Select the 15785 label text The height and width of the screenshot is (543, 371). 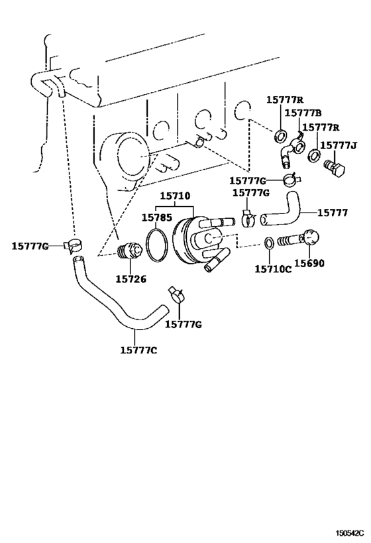[156, 217]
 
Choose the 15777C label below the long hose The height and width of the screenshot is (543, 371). [138, 350]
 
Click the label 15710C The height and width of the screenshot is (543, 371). [273, 269]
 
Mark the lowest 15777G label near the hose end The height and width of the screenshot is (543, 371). [183, 324]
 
